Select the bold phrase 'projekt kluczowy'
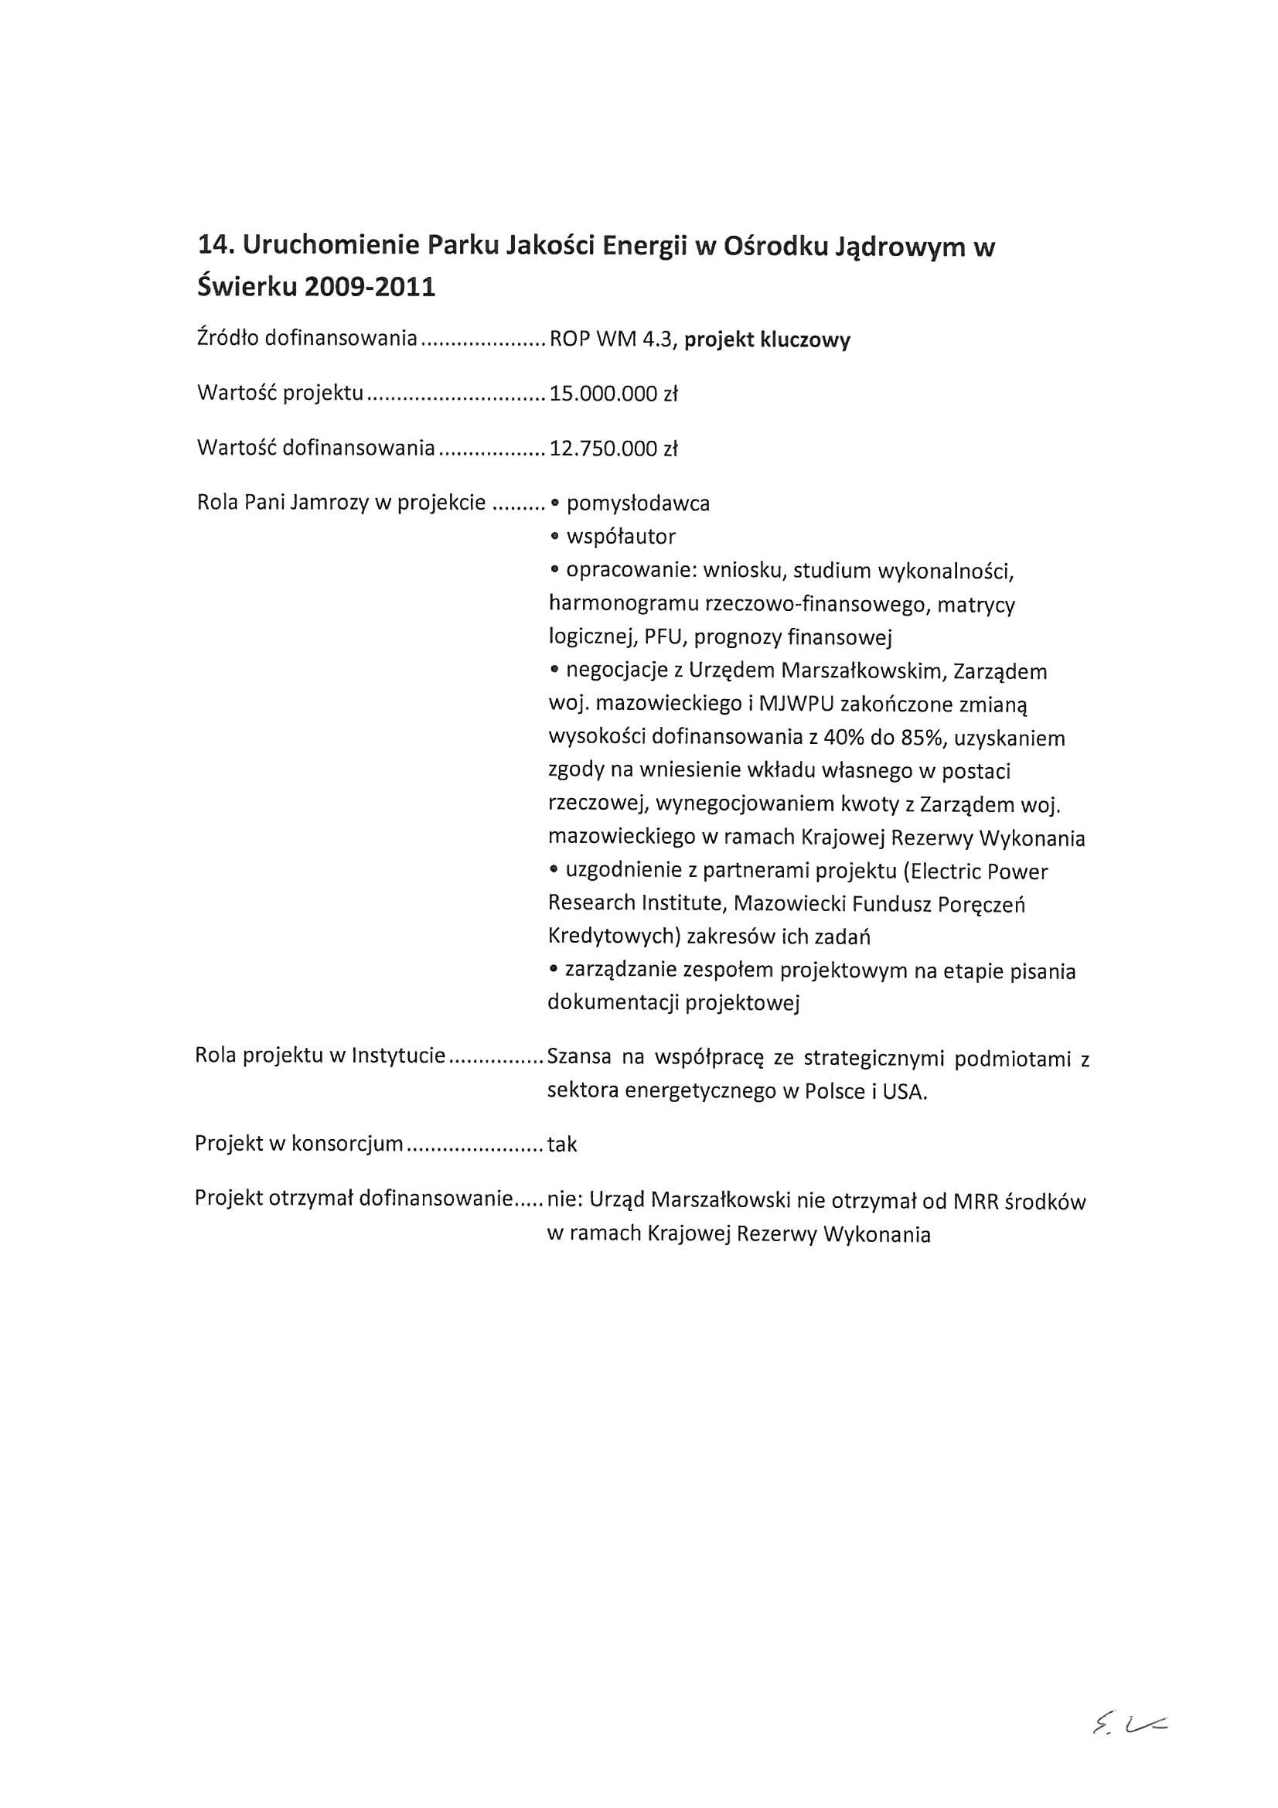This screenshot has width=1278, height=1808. click(767, 340)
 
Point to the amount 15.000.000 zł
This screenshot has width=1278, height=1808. click(613, 394)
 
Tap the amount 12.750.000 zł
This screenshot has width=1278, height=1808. click(613, 449)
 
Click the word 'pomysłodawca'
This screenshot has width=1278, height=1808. click(638, 504)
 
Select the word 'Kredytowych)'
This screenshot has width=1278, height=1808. click(613, 937)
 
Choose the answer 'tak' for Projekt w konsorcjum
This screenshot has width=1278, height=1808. click(562, 1144)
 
